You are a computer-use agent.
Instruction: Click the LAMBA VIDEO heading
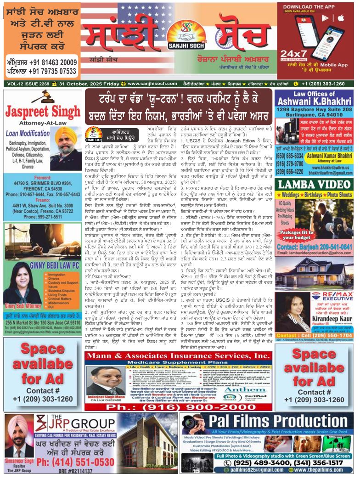tap(314, 184)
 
